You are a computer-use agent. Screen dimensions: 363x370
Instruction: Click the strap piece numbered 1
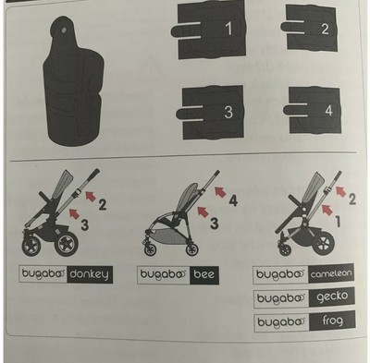[214, 31]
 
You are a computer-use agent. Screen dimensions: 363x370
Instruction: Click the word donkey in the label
[90, 274]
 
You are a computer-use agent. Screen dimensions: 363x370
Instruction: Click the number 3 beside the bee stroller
[214, 224]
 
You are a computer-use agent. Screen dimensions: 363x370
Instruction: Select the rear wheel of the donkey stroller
[66, 243]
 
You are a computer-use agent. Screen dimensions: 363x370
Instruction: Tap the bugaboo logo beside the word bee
[164, 274]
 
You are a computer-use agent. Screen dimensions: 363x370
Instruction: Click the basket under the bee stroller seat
[167, 237]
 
